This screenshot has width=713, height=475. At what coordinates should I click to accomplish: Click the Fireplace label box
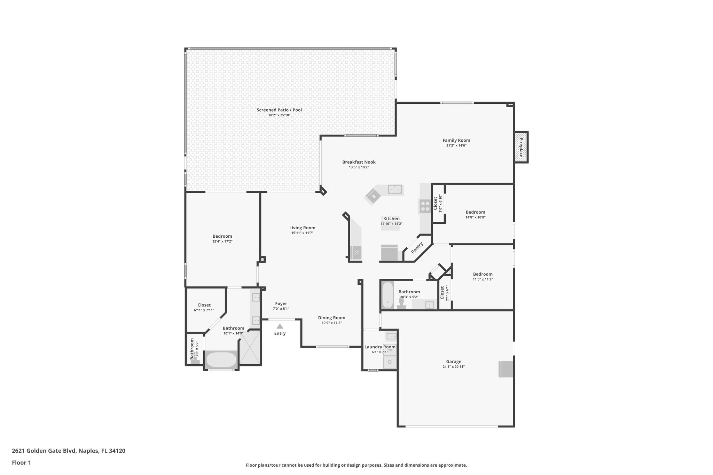point(521,147)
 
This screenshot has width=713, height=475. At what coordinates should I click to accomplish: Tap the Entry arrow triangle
point(280,326)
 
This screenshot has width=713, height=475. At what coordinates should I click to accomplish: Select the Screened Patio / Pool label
point(279,110)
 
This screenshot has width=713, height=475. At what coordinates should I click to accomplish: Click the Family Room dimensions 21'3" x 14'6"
point(456,145)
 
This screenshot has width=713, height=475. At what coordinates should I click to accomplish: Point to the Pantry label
point(417,247)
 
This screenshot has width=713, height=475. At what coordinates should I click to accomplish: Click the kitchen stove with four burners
point(425,206)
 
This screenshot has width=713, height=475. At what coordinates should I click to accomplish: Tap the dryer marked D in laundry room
point(390,362)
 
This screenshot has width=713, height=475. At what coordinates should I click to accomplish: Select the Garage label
point(454,362)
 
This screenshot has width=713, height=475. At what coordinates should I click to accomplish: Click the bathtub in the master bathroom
point(221,360)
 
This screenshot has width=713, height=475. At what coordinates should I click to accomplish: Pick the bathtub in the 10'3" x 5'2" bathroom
point(387,295)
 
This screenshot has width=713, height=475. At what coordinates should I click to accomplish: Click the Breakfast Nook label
point(359,162)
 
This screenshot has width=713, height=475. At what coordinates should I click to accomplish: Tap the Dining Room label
point(331,318)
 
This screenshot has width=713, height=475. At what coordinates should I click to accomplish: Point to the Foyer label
point(281,303)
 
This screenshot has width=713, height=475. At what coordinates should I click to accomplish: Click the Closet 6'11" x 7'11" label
point(204,305)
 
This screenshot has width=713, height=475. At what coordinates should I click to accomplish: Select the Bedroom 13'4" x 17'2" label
point(222,236)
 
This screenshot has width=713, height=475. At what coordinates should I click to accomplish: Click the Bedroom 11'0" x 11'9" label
point(483,274)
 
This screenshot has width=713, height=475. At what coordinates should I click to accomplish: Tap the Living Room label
point(302,228)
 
